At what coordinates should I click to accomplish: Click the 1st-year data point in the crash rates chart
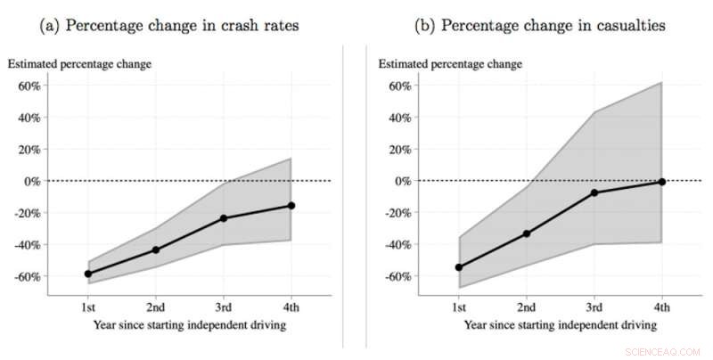tap(87, 274)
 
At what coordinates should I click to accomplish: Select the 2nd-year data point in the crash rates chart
tap(155, 250)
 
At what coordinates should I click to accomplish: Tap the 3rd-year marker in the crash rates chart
tap(224, 218)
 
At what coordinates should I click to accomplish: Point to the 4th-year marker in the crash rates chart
tap(291, 206)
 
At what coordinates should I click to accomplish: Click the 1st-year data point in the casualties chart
tap(458, 267)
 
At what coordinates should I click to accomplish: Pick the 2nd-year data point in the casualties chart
tap(527, 233)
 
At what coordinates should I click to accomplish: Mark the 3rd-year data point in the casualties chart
tap(594, 192)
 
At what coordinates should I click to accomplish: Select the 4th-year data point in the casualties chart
tap(662, 182)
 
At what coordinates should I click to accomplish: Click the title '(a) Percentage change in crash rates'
tap(170, 26)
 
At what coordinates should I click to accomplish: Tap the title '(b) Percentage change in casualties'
tap(539, 26)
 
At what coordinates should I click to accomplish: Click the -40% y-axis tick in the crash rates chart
tap(25, 244)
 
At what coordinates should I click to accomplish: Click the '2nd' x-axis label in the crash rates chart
tap(155, 307)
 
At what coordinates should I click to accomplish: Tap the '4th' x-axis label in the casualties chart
tap(662, 307)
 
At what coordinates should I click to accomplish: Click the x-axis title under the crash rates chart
tap(189, 325)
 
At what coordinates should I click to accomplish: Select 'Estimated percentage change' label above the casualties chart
tap(450, 64)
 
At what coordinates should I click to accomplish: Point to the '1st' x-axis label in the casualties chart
tap(458, 307)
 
